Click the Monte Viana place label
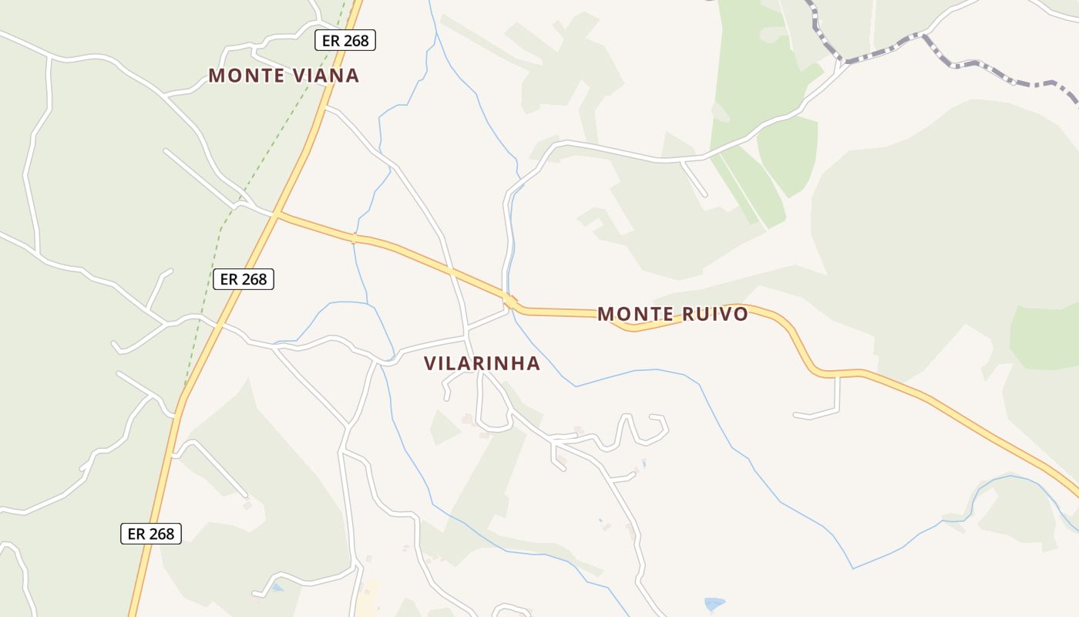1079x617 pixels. point(284,76)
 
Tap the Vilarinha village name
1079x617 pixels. point(482,363)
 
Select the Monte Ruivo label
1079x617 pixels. point(672,314)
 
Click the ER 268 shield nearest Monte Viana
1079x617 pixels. point(345,41)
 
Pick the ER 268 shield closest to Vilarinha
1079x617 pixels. point(243,279)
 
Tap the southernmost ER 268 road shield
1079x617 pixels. point(150,534)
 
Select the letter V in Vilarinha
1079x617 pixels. point(430,363)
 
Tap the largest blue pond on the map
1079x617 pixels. point(714,604)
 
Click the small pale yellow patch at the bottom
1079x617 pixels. point(370,598)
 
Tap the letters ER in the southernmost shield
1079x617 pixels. point(136,534)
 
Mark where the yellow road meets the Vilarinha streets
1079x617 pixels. point(509,300)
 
